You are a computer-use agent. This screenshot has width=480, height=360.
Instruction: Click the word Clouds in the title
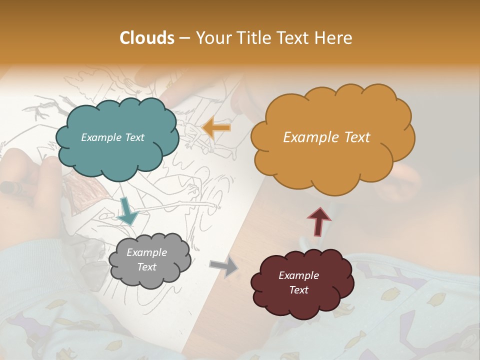click(147, 38)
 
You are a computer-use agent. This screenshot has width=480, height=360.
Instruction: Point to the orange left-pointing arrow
click(216, 128)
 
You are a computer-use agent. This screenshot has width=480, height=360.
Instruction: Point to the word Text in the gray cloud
click(146, 267)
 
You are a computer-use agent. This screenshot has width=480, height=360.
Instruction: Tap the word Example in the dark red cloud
click(298, 275)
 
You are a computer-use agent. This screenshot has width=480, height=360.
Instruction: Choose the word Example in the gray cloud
click(146, 252)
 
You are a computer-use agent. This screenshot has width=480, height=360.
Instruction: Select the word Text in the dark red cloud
click(298, 290)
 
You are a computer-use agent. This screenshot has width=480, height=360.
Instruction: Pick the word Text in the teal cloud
click(134, 137)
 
